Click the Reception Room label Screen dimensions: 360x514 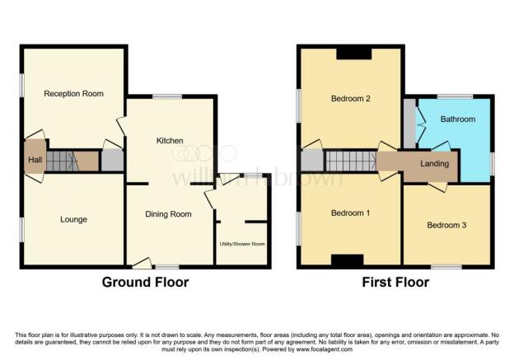(x=74, y=94)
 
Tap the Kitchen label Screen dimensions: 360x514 (x=170, y=141)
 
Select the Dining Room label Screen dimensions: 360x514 (x=168, y=214)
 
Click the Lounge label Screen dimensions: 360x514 (x=73, y=219)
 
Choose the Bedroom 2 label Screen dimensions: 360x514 (x=350, y=99)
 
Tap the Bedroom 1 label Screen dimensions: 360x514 (x=350, y=213)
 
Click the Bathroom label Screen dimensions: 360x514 (x=457, y=119)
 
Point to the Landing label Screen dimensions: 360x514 (x=434, y=164)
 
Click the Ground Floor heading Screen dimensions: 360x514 (x=145, y=283)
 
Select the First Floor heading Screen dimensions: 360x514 (x=395, y=283)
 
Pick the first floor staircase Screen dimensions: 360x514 (x=350, y=161)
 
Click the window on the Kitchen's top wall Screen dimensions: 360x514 (x=167, y=97)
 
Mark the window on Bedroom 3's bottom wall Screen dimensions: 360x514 (x=446, y=267)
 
